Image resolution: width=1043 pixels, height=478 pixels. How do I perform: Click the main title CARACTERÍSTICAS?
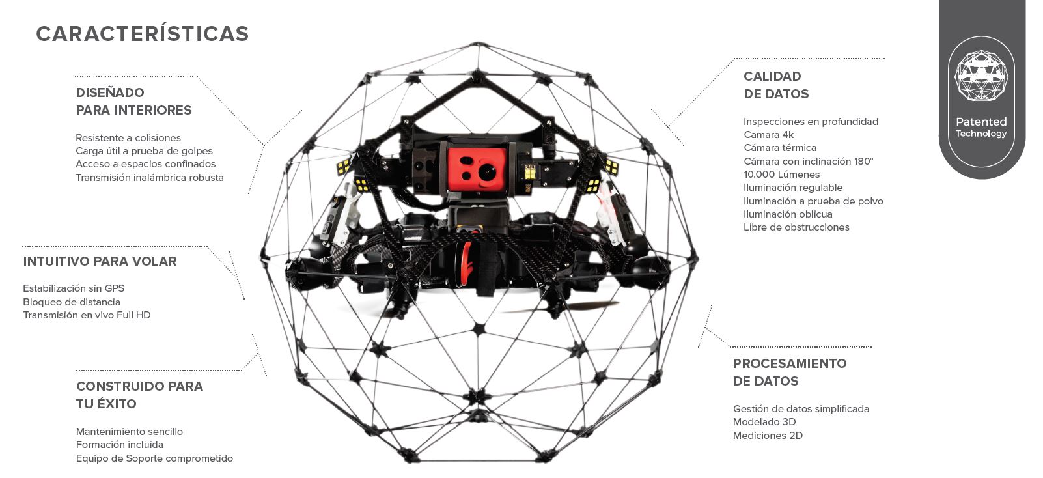click(x=143, y=34)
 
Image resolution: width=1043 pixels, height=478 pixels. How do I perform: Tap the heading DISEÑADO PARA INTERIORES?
click(x=133, y=101)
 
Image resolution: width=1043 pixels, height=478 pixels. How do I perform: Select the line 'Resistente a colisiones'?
click(x=128, y=138)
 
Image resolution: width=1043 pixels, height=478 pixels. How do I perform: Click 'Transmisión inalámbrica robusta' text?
click(x=150, y=178)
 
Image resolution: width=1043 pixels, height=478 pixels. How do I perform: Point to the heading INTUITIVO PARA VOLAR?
click(x=100, y=261)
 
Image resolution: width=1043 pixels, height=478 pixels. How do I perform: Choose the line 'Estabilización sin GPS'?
click(x=74, y=288)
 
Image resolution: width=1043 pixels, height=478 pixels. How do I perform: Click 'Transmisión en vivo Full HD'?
click(x=87, y=315)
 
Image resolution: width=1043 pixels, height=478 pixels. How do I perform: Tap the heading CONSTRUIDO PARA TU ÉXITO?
click(x=139, y=395)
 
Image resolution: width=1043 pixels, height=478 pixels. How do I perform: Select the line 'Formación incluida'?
click(x=120, y=444)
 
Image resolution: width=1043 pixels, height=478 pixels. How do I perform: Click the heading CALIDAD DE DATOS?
click(x=776, y=85)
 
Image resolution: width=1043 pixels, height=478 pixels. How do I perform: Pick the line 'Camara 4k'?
click(x=768, y=135)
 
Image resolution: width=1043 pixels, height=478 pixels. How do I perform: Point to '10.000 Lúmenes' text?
click(x=781, y=175)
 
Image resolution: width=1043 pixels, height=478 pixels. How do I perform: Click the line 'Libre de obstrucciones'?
click(x=796, y=227)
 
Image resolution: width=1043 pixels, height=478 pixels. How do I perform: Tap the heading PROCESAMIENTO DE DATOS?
click(x=790, y=373)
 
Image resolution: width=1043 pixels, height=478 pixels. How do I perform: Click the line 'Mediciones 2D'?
click(x=768, y=436)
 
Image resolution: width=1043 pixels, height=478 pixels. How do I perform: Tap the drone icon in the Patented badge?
click(x=981, y=76)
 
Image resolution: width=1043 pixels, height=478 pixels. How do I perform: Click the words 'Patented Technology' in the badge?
click(x=981, y=127)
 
